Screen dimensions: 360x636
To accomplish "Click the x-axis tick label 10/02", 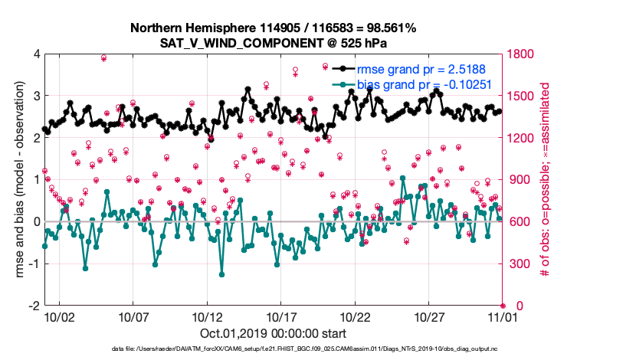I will (x=59, y=316).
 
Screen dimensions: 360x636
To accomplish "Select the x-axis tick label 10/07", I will (x=133, y=316).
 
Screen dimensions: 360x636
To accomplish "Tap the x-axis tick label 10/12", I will (x=207, y=316).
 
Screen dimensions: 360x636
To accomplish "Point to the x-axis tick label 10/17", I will (x=281, y=316).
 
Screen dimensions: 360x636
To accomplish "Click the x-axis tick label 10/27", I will (x=429, y=316).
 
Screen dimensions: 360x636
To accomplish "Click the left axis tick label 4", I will (x=35, y=54).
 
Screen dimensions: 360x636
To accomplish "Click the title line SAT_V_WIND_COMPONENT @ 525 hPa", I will (x=273, y=44).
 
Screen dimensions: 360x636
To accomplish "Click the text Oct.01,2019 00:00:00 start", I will (x=274, y=333).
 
